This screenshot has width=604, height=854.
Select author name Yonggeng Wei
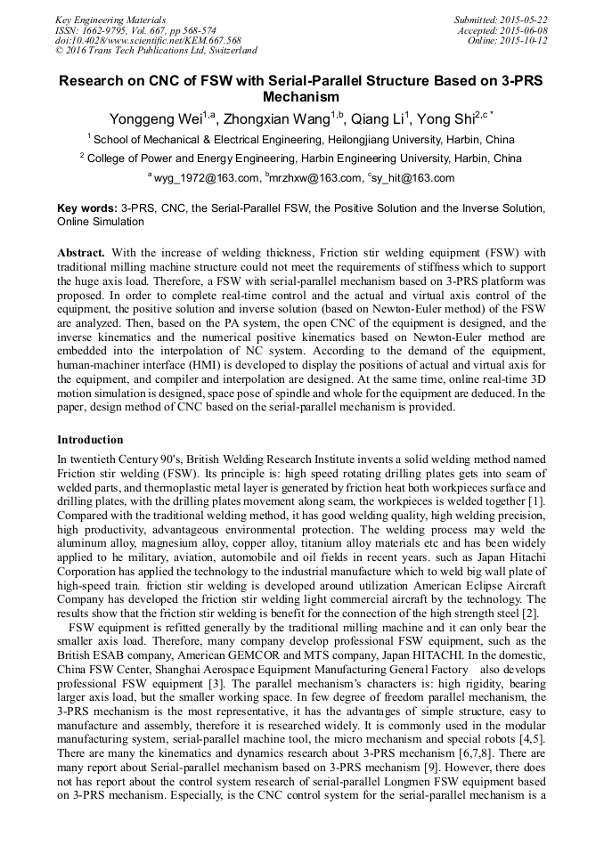(x=156, y=119)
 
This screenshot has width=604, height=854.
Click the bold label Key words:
(x=87, y=207)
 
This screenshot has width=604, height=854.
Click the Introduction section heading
(x=90, y=440)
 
